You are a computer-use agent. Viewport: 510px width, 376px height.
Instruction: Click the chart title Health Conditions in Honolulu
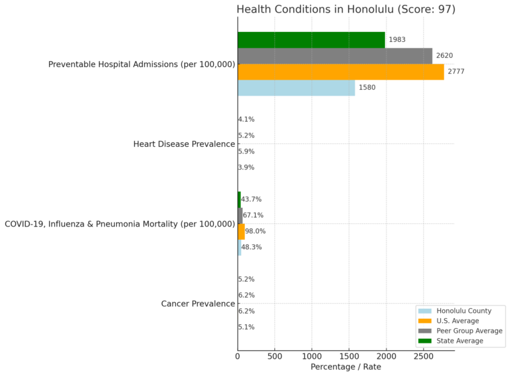346,9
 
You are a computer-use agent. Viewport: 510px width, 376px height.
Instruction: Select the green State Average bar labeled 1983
311,40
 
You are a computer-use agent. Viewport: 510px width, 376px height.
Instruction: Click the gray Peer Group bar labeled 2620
335,56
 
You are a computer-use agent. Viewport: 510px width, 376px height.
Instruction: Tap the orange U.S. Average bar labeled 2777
341,72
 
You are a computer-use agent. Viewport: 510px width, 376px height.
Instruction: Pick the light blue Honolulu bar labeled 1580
296,88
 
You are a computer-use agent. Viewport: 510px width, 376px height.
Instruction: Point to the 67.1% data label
252,215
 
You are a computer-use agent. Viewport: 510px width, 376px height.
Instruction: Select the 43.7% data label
252,199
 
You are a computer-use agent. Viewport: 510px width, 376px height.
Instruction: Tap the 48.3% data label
252,247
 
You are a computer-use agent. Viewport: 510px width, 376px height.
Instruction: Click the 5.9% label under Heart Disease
246,151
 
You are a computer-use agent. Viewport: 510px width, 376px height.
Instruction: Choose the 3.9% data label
246,167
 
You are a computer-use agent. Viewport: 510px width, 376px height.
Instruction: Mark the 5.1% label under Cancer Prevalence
246,327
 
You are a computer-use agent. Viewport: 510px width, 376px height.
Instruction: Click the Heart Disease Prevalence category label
184,144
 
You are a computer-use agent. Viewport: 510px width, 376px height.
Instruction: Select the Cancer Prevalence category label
198,304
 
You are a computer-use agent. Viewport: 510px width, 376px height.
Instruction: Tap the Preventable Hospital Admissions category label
142,64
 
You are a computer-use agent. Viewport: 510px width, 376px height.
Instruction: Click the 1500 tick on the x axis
349,357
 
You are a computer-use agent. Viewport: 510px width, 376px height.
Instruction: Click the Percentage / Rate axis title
346,367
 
